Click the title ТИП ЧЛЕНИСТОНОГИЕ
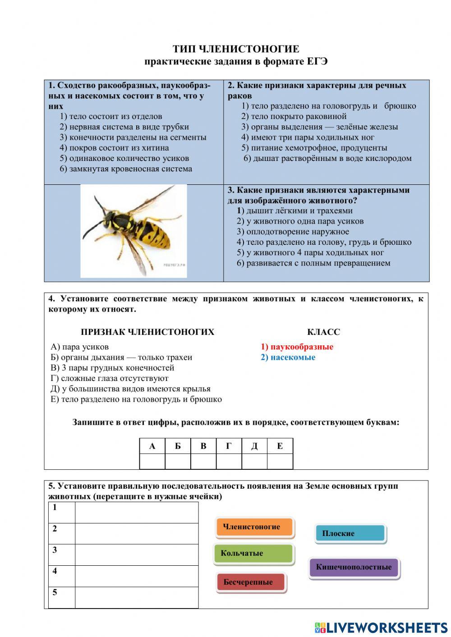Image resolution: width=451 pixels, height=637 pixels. [x=235, y=49]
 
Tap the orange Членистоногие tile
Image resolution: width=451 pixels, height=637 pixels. [x=254, y=527]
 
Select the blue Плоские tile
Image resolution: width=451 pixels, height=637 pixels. [x=350, y=533]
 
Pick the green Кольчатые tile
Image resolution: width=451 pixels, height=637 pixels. [x=253, y=553]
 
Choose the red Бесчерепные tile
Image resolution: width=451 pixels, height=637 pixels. [x=250, y=582]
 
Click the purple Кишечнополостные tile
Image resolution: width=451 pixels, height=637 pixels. [x=354, y=567]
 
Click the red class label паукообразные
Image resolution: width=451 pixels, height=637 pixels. [x=297, y=347]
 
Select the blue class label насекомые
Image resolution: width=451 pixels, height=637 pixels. [x=288, y=357]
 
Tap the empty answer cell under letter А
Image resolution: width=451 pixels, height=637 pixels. [x=152, y=461]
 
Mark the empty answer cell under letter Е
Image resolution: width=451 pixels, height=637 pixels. [x=280, y=461]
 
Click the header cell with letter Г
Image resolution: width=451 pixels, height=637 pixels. [x=229, y=446]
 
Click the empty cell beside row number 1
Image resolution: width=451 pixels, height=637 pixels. [x=136, y=513]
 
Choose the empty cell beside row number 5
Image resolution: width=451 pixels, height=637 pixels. [x=136, y=597]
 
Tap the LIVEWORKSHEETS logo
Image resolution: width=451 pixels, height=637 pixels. [x=381, y=628]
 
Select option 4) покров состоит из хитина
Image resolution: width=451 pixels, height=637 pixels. [x=114, y=147]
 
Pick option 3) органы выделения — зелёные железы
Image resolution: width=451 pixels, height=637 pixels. [x=319, y=127]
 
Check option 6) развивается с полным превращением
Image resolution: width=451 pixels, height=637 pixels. [x=313, y=263]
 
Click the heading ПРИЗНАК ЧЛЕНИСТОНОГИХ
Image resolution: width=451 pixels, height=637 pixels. [x=147, y=332]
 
